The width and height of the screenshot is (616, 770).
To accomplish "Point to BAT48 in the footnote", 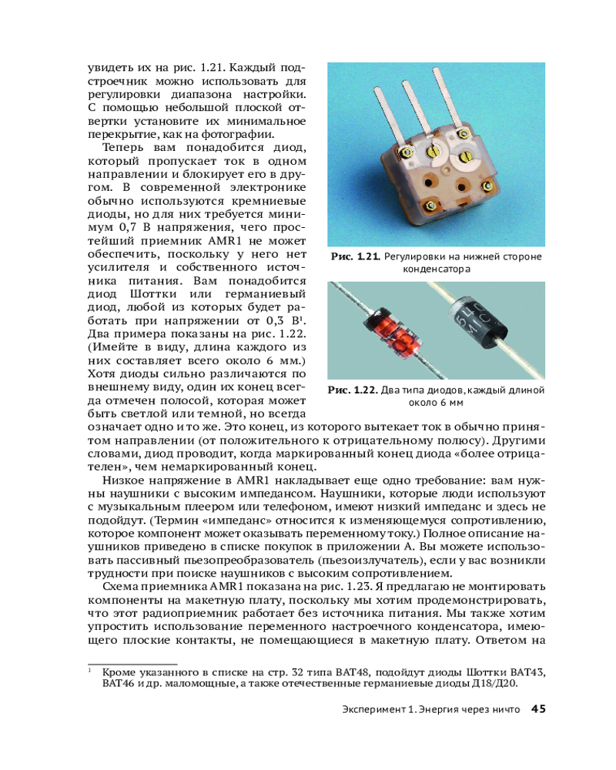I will tap(367, 671).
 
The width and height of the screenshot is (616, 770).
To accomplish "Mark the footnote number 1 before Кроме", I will tap(90, 671).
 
